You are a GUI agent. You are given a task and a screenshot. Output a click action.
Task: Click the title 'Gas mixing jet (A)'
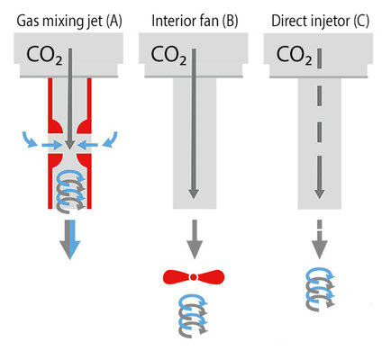click(69, 22)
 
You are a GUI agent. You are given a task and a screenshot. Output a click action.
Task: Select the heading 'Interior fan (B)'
click(195, 21)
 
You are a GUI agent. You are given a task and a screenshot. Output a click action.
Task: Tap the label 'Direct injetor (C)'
click(320, 22)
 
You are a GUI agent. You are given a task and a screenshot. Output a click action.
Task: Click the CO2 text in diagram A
click(44, 56)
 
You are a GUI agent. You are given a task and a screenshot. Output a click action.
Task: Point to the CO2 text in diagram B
click(168, 56)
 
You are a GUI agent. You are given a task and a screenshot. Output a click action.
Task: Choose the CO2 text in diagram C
click(294, 56)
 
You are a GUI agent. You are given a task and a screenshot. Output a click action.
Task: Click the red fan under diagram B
click(194, 277)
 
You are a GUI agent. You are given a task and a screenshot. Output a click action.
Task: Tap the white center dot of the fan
click(194, 277)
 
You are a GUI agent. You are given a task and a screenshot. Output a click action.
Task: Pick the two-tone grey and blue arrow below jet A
click(69, 239)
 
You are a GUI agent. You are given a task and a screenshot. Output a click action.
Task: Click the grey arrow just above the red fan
click(195, 239)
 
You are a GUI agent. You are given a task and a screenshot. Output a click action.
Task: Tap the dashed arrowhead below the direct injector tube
click(319, 249)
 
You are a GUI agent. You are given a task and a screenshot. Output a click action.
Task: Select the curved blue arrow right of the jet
click(111, 139)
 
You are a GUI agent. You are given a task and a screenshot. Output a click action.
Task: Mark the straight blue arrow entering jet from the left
click(51, 145)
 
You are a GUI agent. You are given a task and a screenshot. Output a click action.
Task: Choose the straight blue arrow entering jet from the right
click(87, 145)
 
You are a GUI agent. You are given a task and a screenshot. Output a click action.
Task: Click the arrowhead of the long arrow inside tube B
click(194, 193)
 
